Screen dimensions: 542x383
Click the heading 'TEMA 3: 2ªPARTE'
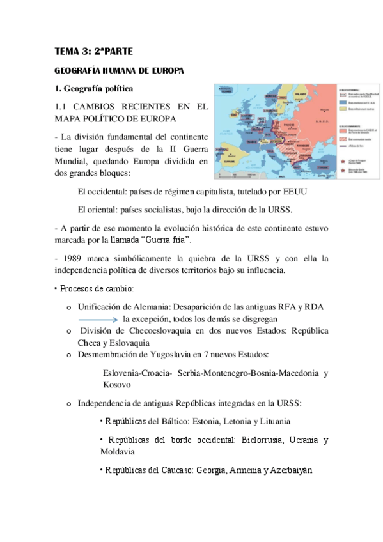tap(93, 53)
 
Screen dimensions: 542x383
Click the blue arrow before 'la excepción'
tap(98, 318)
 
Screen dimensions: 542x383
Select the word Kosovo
tap(117, 384)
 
